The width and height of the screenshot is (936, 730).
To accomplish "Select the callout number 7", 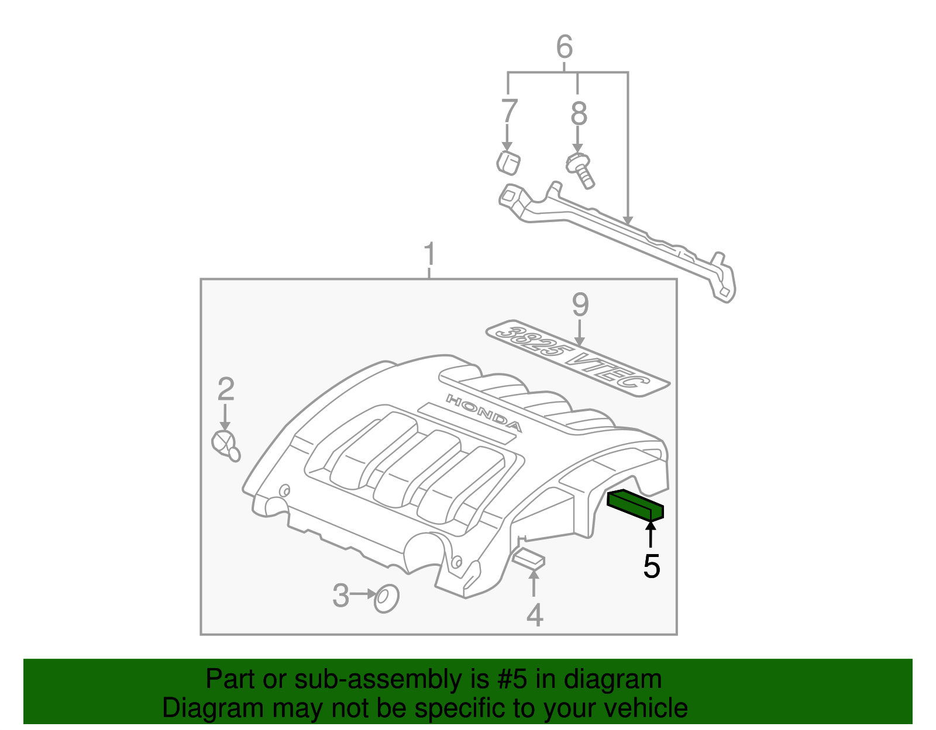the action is [x=509, y=111].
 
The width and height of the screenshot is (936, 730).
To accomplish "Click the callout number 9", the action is [x=580, y=305].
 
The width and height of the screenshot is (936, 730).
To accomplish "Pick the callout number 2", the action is [x=226, y=389].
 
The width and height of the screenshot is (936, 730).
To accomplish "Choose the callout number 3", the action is [x=340, y=596].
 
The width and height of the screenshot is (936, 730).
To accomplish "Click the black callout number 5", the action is [x=651, y=566].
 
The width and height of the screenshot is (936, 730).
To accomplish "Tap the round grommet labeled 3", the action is [x=386, y=598].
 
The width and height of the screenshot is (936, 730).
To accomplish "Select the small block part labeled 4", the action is [x=528, y=558].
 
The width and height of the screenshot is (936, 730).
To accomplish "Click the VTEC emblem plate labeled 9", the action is [x=577, y=358].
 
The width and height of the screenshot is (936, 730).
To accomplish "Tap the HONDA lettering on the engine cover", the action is [x=484, y=413].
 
